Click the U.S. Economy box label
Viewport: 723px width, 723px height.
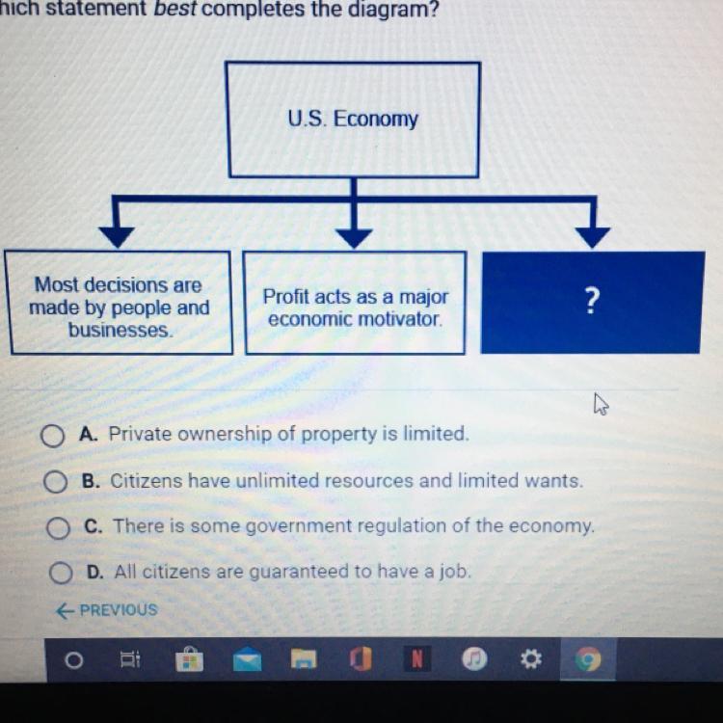(353, 119)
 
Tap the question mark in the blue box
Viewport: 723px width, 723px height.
(592, 301)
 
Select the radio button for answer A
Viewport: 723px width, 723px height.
(53, 436)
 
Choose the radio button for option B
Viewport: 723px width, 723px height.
(55, 481)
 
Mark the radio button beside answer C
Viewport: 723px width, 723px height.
(58, 527)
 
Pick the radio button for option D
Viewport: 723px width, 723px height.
(61, 573)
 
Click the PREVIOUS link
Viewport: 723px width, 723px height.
(107, 610)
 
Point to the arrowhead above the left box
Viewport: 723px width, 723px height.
(117, 237)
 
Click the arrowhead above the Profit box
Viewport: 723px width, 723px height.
(354, 238)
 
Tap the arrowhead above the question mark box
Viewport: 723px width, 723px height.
(593, 237)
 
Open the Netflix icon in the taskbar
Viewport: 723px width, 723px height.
(417, 659)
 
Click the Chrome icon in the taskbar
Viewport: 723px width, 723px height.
(587, 659)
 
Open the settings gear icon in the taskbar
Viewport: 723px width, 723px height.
(531, 659)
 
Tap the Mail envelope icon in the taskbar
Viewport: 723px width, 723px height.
(247, 659)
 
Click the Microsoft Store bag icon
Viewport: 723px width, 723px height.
(190, 659)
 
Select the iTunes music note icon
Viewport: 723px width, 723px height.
(474, 659)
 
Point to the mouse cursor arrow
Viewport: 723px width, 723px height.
(601, 404)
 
